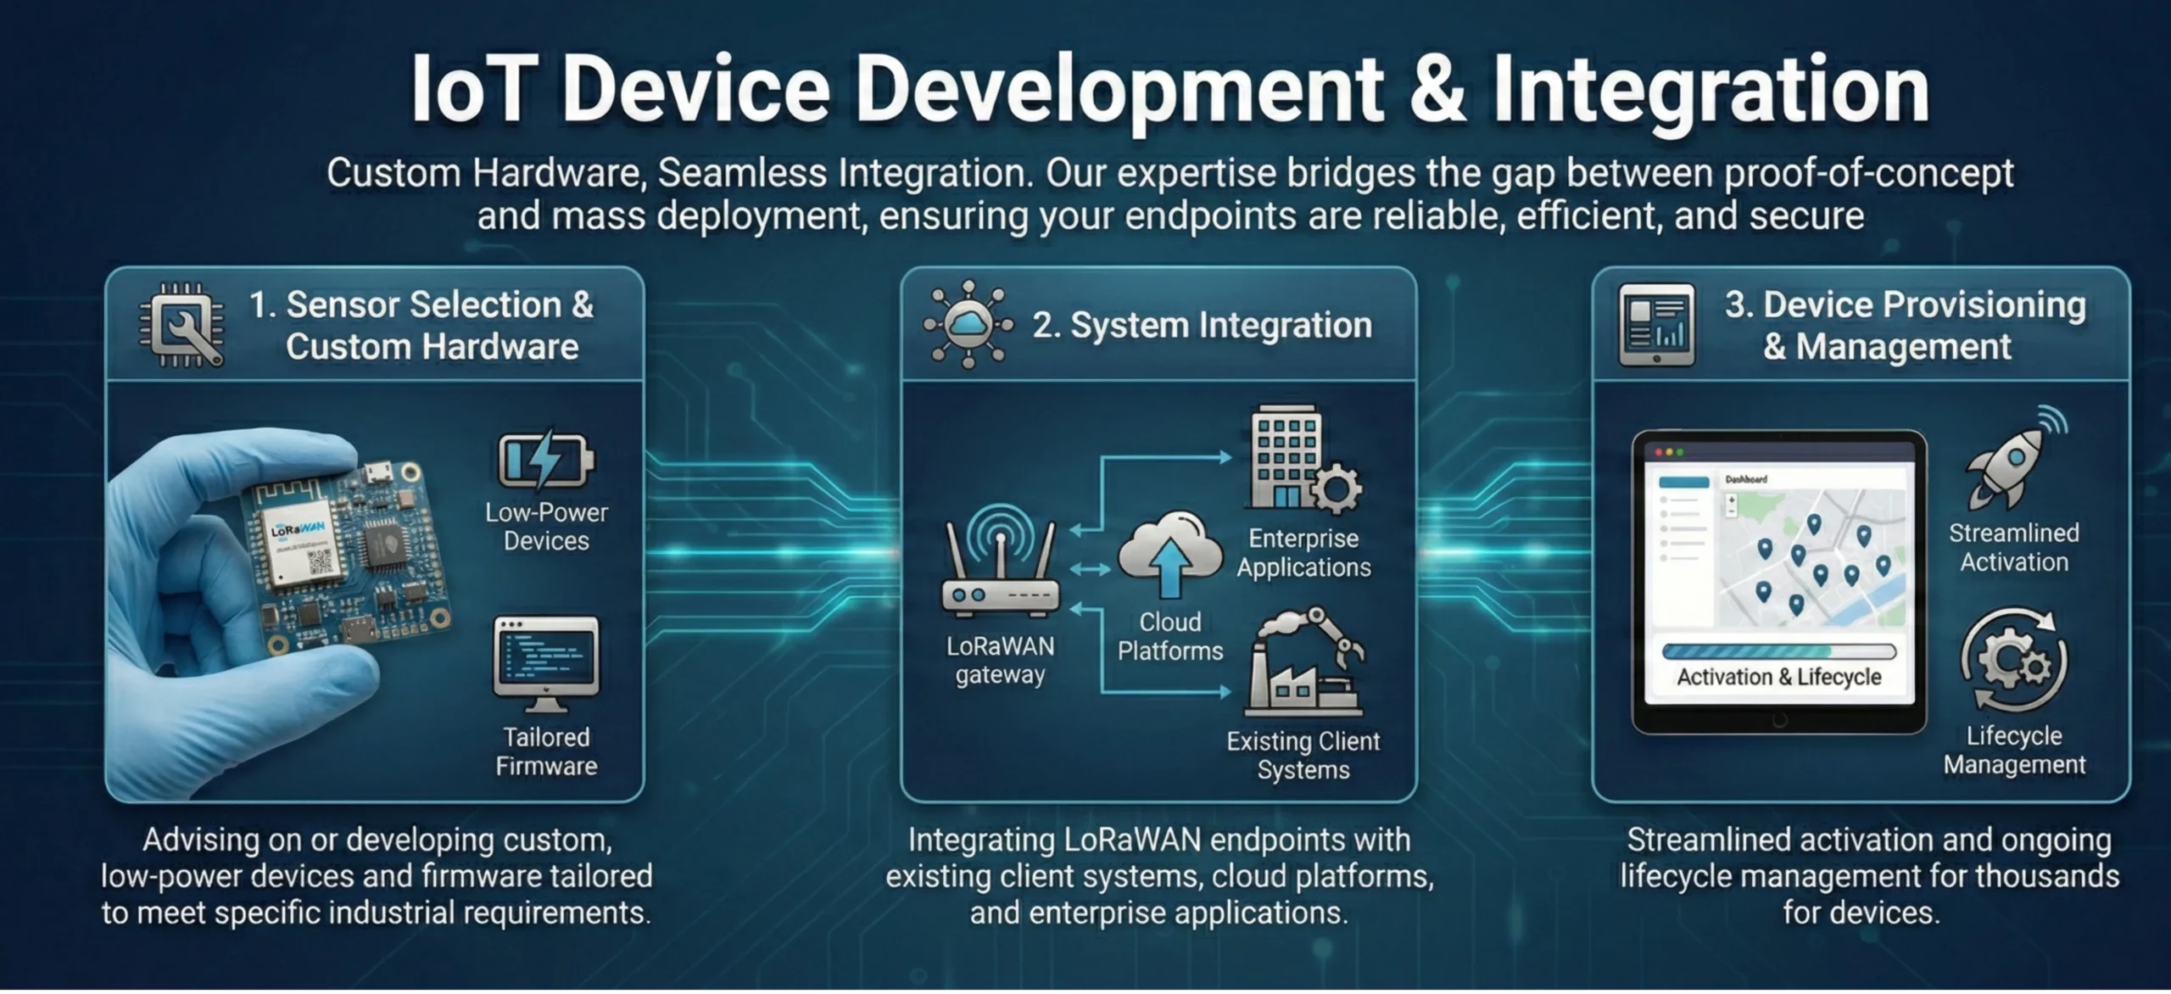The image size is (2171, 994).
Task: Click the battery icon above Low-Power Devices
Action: (545, 461)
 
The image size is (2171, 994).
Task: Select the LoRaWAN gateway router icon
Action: (1001, 561)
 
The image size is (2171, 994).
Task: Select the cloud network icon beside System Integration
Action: (968, 324)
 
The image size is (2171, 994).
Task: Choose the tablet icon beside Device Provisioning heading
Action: (1656, 325)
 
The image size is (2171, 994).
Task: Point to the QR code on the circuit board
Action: (321, 561)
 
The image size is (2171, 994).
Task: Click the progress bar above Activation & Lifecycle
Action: (1779, 651)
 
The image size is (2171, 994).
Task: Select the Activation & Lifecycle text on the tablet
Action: (1779, 677)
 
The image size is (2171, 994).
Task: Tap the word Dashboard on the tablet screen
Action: (1746, 479)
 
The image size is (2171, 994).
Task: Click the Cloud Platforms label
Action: (1170, 636)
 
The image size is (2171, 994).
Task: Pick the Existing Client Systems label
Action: (1303, 755)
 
